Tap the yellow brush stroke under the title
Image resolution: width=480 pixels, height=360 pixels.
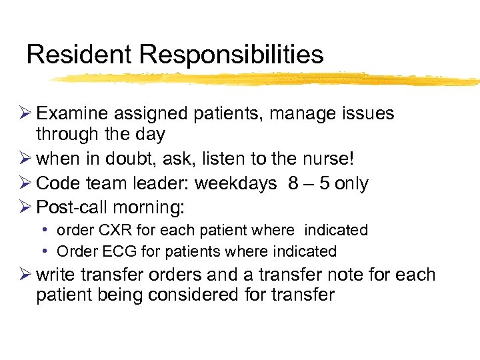[267, 79]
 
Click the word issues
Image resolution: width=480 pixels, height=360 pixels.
[366, 114]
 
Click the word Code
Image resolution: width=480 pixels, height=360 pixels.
[57, 183]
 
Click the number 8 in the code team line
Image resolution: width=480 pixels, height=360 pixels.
[293, 183]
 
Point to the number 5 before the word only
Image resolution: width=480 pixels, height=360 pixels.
[325, 183]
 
